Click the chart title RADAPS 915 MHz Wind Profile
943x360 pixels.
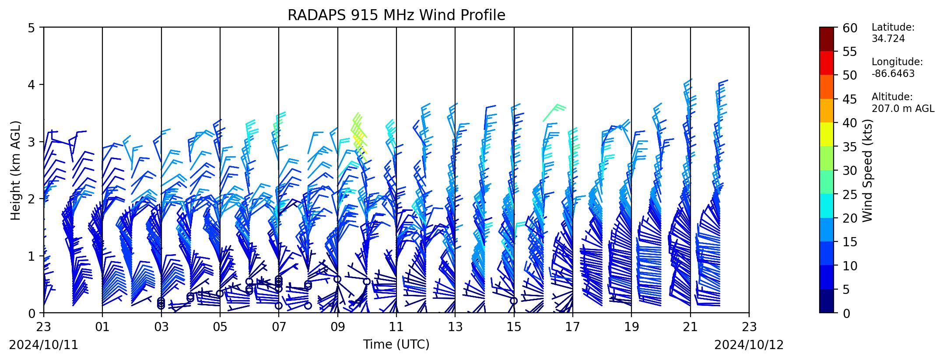[x=396, y=15]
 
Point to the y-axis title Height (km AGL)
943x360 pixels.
[x=16, y=170]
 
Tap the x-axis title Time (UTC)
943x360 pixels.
[x=396, y=345]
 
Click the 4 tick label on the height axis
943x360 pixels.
[x=32, y=84]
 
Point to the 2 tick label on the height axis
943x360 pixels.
[x=32, y=199]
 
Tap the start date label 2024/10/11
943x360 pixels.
[x=43, y=345]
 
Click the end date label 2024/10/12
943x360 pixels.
[x=749, y=345]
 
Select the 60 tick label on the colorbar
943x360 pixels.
[x=849, y=28]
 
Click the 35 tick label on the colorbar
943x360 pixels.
[x=849, y=147]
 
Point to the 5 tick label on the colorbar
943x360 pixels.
[x=846, y=289]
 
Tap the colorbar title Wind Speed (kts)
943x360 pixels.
[x=868, y=170]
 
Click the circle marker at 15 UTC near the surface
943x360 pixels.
[x=514, y=301]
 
